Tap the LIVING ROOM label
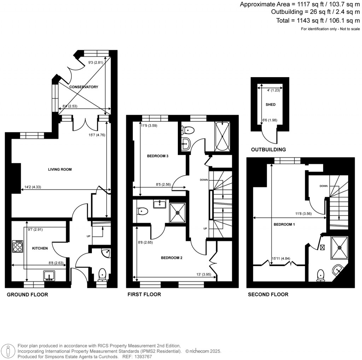click(60, 169)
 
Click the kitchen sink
click(49, 275)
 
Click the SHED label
click(270, 105)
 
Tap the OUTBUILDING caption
click(268, 150)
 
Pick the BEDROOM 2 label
click(171, 258)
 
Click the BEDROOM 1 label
click(284, 224)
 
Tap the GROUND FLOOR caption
click(27, 295)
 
